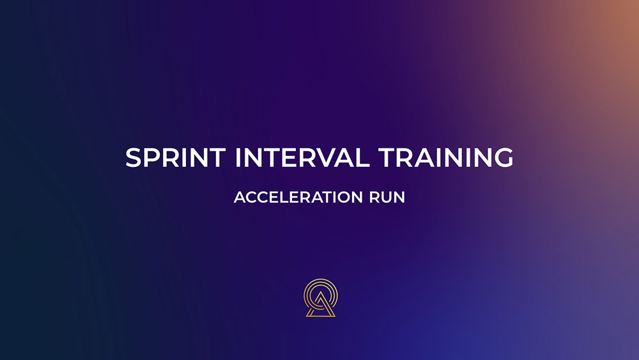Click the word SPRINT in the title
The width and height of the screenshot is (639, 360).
point(176,157)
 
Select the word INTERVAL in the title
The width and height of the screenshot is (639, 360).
point(302,157)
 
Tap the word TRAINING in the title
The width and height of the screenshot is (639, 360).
point(446,157)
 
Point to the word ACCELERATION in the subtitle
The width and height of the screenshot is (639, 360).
point(298,198)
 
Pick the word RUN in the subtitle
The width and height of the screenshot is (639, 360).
point(387,198)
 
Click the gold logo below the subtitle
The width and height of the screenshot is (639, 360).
point(321,298)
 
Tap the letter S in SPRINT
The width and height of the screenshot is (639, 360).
point(134,157)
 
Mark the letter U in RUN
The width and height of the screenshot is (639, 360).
point(387,198)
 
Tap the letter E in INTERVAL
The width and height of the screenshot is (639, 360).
point(284,157)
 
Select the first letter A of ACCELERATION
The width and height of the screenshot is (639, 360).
point(240,198)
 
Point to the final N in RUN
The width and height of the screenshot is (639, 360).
point(400,198)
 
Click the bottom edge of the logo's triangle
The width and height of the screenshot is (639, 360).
point(321,316)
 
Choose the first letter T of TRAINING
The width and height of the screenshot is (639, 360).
point(387,157)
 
